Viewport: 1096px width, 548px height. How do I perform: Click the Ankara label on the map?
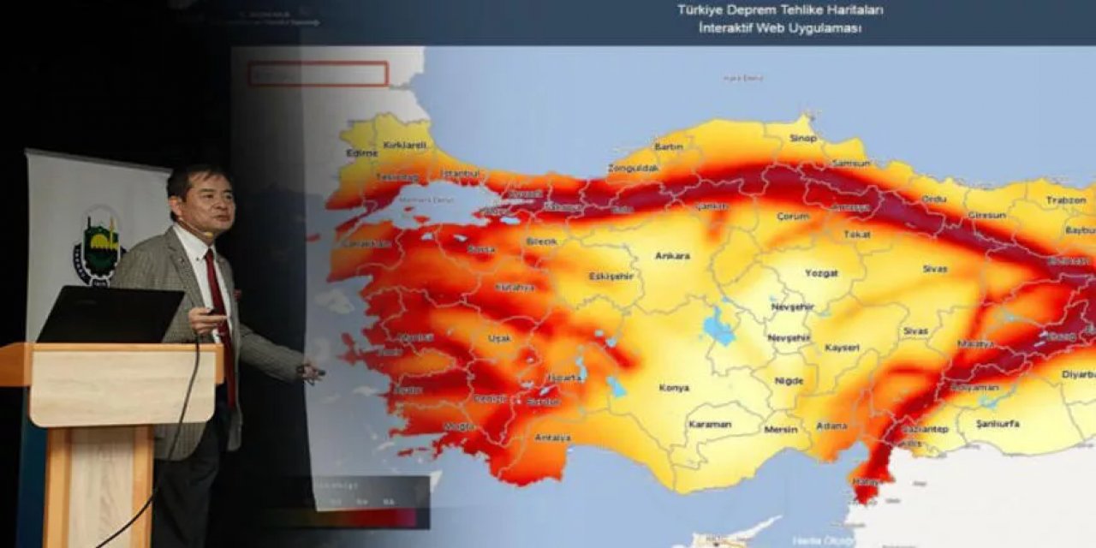672,255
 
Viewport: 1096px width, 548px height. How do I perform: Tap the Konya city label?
674,388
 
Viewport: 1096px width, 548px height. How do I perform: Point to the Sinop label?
803,138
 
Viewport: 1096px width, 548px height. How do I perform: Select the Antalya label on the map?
553,438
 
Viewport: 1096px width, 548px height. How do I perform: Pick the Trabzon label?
1065,200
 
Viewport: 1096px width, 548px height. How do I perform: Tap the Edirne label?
361,152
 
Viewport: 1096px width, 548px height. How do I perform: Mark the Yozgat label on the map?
821,273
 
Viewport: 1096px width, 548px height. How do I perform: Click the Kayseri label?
842,348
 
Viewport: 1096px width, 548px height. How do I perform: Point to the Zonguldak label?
634,168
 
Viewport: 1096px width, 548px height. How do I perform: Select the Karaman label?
710,424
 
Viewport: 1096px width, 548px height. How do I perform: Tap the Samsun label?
850,163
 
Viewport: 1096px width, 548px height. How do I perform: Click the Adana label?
831,426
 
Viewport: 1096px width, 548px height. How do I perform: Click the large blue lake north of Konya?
718,326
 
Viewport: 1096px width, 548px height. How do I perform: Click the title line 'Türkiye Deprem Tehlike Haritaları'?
780,10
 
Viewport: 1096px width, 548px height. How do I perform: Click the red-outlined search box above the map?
318,74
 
